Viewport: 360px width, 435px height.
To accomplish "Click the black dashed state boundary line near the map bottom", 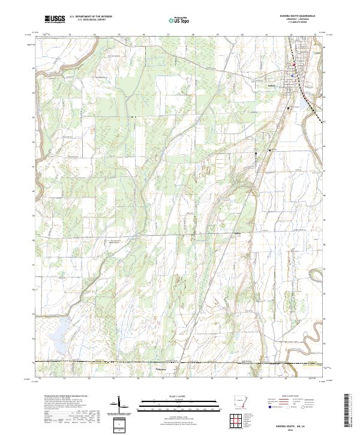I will click(150, 362).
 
